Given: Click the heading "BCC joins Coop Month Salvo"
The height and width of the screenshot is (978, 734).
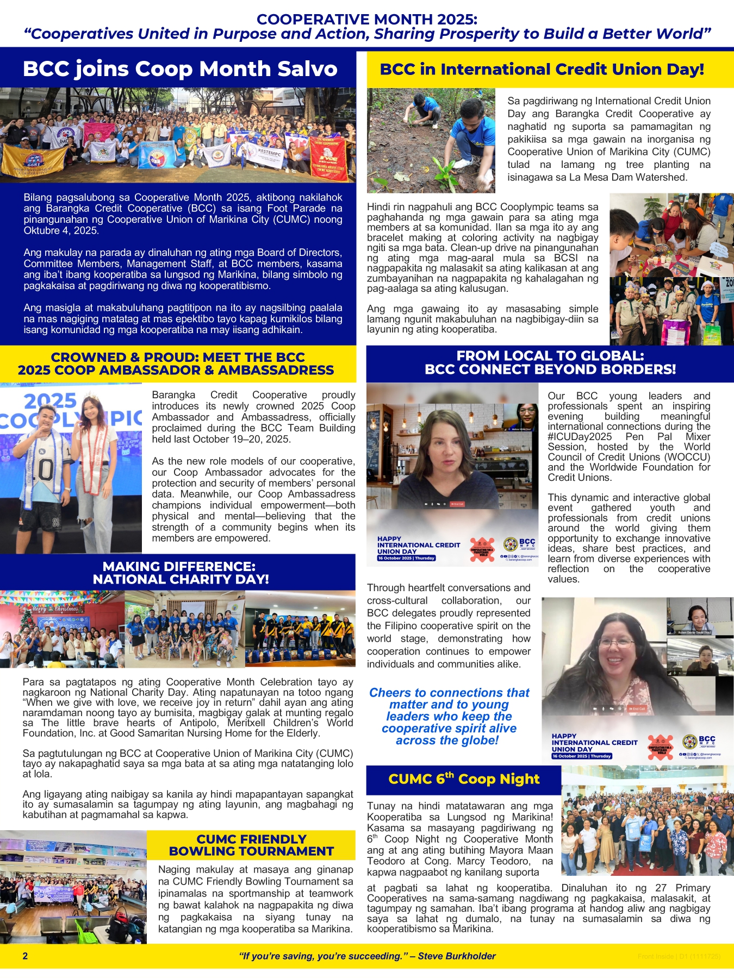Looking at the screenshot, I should tap(180, 69).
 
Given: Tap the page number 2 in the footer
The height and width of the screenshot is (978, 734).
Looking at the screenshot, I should tap(25, 956).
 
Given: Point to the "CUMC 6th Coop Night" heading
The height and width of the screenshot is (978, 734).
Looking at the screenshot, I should tap(464, 779).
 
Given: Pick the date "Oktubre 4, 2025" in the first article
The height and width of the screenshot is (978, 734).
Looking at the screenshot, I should tap(61, 230).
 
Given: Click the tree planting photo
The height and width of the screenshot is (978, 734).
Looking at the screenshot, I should tap(431, 140).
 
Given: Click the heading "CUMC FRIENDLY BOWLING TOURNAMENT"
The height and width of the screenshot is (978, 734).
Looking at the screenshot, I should tap(251, 845).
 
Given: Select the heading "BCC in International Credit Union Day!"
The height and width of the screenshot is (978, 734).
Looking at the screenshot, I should tap(542, 70).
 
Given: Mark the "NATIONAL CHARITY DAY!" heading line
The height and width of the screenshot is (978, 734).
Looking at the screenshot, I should tap(181, 579).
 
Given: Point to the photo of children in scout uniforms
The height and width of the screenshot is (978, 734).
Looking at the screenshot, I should tap(671, 311).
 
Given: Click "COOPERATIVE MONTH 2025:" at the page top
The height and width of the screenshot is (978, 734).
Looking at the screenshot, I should tap(367, 20).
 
